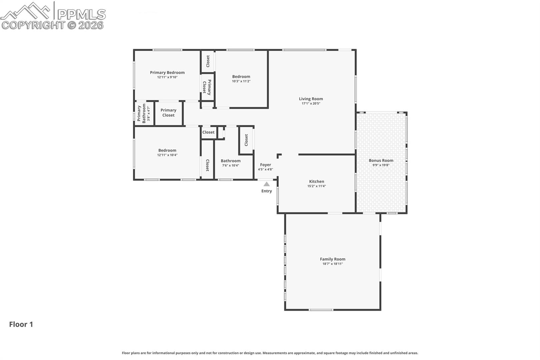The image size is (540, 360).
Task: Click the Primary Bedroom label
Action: point(167,73)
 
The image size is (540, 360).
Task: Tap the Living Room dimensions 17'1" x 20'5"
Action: point(311,103)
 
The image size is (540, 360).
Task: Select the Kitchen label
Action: point(317,181)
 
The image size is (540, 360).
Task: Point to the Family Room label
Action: point(333,259)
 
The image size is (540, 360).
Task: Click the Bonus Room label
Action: point(381,160)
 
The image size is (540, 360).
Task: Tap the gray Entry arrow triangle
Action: point(266,184)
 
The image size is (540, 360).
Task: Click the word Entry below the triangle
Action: point(267,191)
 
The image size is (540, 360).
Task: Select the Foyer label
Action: point(265,165)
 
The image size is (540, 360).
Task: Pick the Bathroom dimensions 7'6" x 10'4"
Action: point(231,165)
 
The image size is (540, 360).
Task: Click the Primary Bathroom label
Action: point(141,113)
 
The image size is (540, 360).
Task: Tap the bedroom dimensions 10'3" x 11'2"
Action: point(241,81)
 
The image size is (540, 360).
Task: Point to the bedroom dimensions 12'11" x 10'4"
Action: point(167,155)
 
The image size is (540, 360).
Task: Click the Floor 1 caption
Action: point(21,325)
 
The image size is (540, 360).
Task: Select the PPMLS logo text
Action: point(81,15)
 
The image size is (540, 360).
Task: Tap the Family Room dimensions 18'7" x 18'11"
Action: point(333,264)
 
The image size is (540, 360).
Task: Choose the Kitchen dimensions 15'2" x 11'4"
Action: point(317,186)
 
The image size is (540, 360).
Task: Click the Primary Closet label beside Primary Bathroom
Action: point(168,113)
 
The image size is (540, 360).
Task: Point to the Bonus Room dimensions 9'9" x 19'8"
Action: point(381,165)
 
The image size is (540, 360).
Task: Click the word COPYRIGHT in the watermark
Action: point(33,25)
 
